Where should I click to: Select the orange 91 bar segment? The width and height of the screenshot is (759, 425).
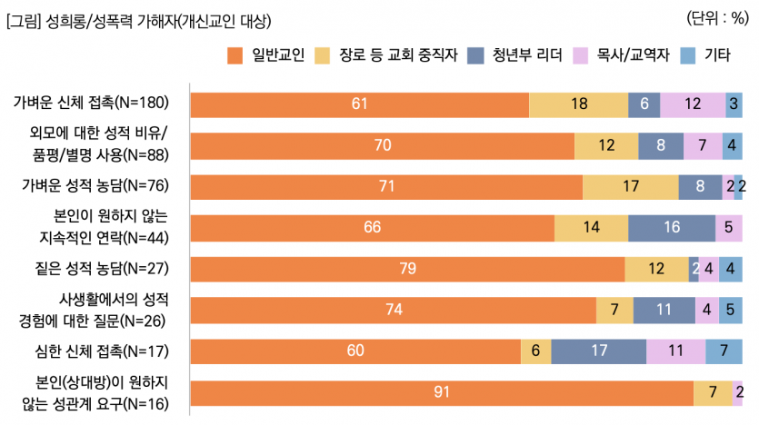click(x=442, y=392)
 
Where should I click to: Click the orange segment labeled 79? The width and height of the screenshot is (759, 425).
click(x=407, y=269)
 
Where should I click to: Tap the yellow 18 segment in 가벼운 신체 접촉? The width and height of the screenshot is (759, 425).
click(x=578, y=104)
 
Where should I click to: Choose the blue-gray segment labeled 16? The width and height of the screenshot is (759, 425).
click(x=671, y=227)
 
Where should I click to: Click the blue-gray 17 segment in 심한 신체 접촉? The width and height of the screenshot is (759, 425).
click(x=598, y=351)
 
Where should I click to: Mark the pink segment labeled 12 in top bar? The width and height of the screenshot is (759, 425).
click(x=693, y=104)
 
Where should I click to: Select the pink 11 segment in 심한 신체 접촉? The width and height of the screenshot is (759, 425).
click(x=675, y=351)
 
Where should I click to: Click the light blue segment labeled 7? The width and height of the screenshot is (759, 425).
click(x=724, y=351)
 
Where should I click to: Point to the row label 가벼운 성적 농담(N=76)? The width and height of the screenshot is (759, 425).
click(x=99, y=186)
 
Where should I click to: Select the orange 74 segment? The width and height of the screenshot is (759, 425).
click(x=394, y=310)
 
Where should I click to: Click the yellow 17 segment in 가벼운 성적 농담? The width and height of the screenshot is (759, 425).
click(x=630, y=186)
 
